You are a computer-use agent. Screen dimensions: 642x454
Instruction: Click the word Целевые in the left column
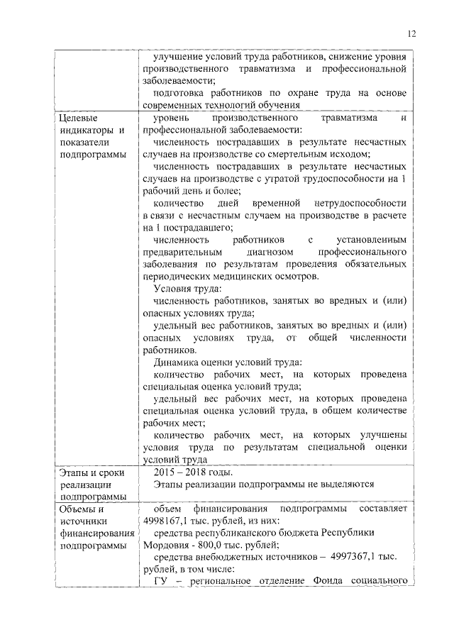tap(79, 118)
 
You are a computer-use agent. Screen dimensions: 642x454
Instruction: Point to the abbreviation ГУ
tap(160, 582)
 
